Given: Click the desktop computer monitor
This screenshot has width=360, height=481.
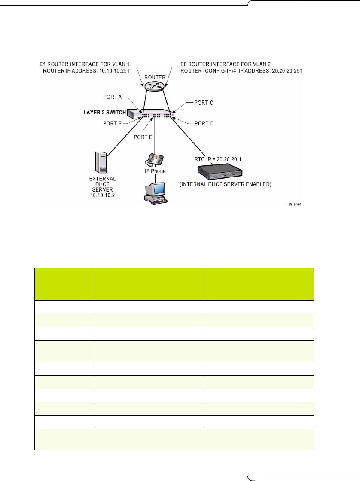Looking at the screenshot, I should click(155, 190).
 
